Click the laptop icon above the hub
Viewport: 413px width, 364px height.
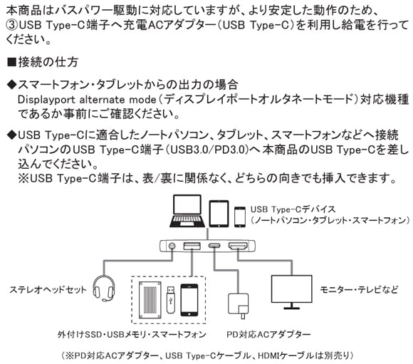pyautogui.click(x=187, y=211)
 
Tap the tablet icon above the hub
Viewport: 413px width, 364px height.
pyautogui.click(x=219, y=214)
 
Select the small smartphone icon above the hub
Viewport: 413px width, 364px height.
pyautogui.click(x=240, y=217)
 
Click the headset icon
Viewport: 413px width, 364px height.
pyautogui.click(x=104, y=288)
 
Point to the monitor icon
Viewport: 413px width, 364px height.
pyautogui.click(x=291, y=292)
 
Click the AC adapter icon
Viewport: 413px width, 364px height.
pyautogui.click(x=238, y=306)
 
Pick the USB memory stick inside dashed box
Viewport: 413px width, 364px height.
pyautogui.click(x=170, y=299)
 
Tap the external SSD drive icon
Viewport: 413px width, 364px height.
pyautogui.click(x=150, y=300)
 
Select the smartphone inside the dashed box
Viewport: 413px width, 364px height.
pyautogui.click(x=189, y=300)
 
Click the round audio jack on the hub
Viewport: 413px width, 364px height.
pyautogui.click(x=172, y=246)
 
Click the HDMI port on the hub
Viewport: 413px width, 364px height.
pyautogui.click(x=238, y=246)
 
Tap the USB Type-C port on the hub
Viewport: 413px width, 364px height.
pyautogui.click(x=214, y=246)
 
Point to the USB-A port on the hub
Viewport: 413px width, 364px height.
pyautogui.click(x=192, y=246)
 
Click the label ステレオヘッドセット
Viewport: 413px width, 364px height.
pyautogui.click(x=48, y=290)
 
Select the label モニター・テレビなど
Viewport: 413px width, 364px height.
pyautogui.click(x=359, y=290)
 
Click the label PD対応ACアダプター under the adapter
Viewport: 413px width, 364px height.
pyautogui.click(x=268, y=335)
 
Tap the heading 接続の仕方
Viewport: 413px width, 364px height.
pyautogui.click(x=48, y=62)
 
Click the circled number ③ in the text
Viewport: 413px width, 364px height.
pyautogui.click(x=12, y=25)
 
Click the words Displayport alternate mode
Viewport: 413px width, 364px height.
pyautogui.click(x=87, y=100)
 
